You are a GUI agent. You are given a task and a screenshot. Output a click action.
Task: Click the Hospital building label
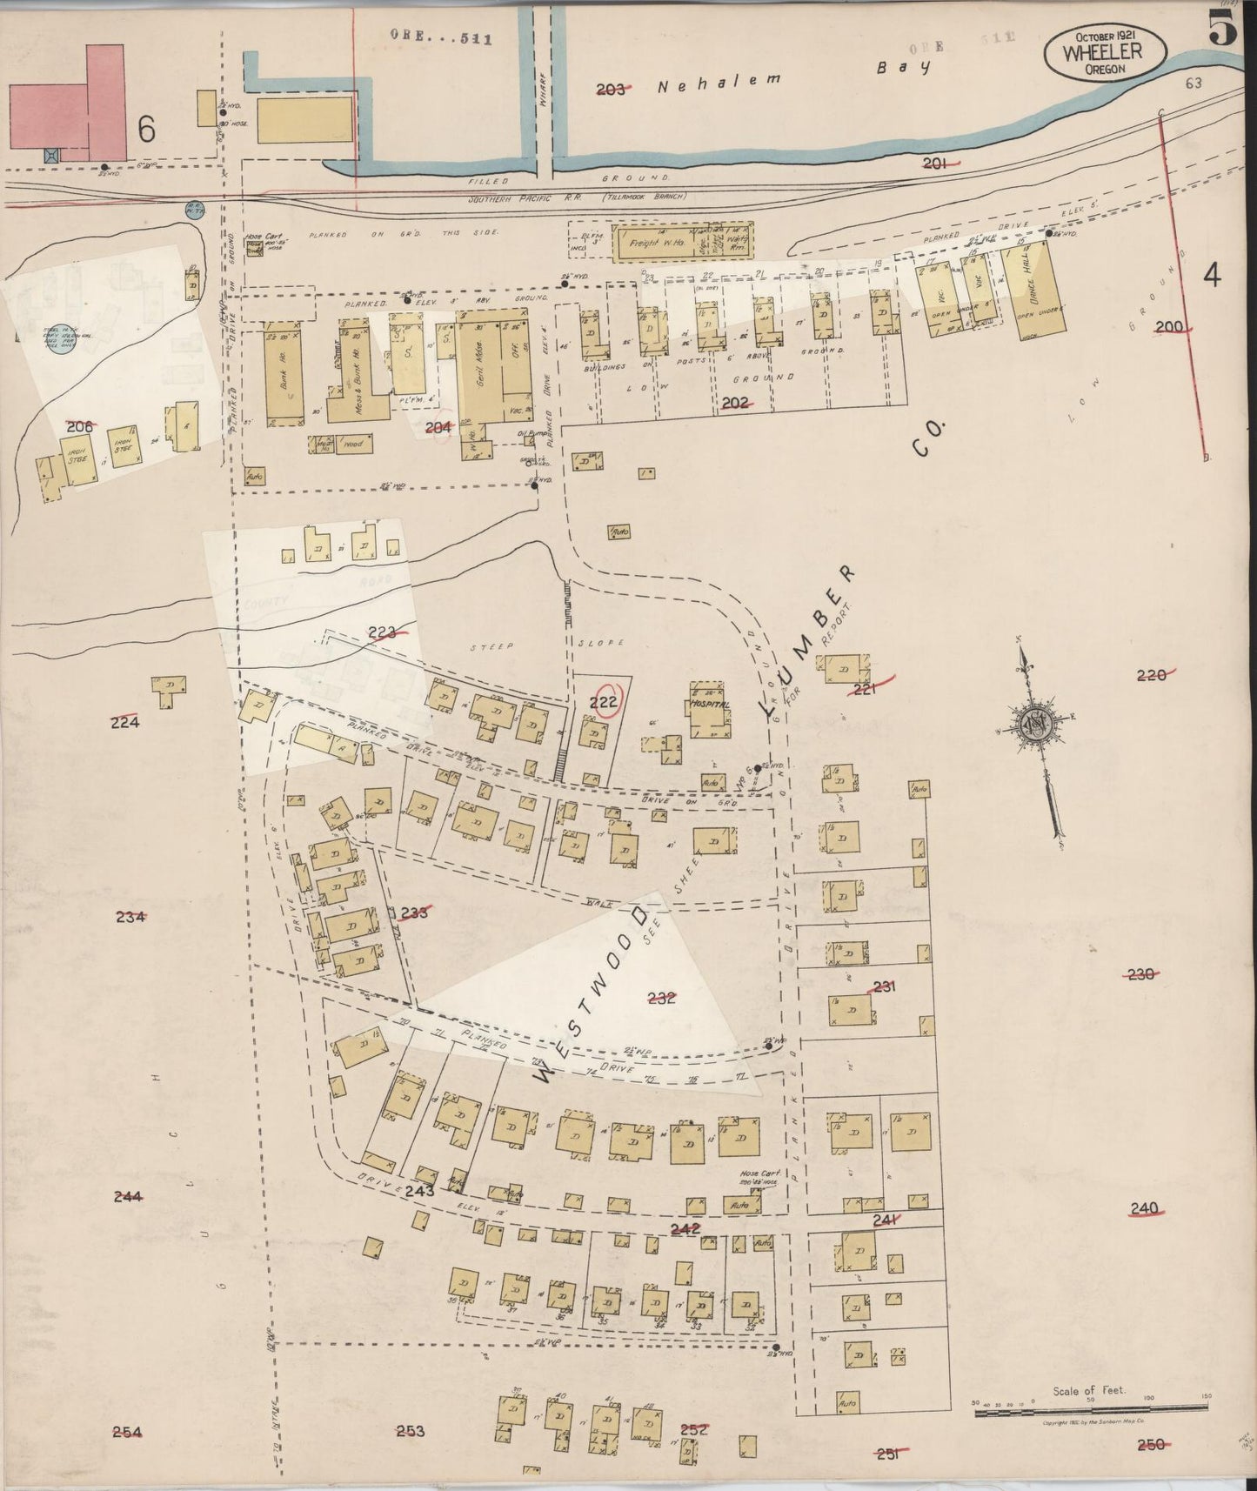pos(707,704)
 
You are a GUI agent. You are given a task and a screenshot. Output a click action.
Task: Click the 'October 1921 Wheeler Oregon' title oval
pos(1105,53)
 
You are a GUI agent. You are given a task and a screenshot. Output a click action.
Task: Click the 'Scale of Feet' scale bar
pos(1090,1407)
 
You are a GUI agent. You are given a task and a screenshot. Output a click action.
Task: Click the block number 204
pos(438,427)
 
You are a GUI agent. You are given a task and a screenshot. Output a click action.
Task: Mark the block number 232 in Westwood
pos(662,998)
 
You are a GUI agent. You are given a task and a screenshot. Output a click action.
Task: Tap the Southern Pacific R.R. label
pos(528,197)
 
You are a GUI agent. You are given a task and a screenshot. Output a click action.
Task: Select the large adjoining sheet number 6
pos(146,130)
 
